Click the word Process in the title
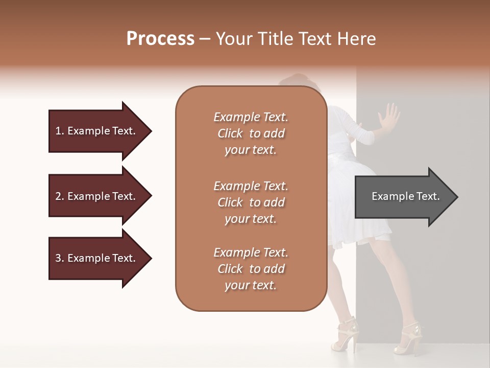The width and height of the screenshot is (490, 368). [x=160, y=39]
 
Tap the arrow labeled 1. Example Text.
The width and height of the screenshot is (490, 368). [x=97, y=131]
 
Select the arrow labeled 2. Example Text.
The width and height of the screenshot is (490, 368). [x=97, y=196]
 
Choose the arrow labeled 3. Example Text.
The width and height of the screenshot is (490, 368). [x=97, y=258]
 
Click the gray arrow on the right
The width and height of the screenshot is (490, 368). [x=403, y=197]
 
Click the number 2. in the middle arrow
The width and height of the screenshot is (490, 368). [x=60, y=196]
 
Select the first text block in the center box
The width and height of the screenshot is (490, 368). [x=251, y=133]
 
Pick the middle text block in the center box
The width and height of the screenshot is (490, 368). [x=251, y=202]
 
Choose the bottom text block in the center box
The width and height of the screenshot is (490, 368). [x=251, y=269]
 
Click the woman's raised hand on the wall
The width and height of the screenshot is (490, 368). [x=390, y=118]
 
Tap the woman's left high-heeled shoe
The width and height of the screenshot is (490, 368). [x=345, y=335]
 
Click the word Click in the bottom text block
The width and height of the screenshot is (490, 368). [x=230, y=269]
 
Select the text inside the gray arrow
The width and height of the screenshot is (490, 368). [x=405, y=196]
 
